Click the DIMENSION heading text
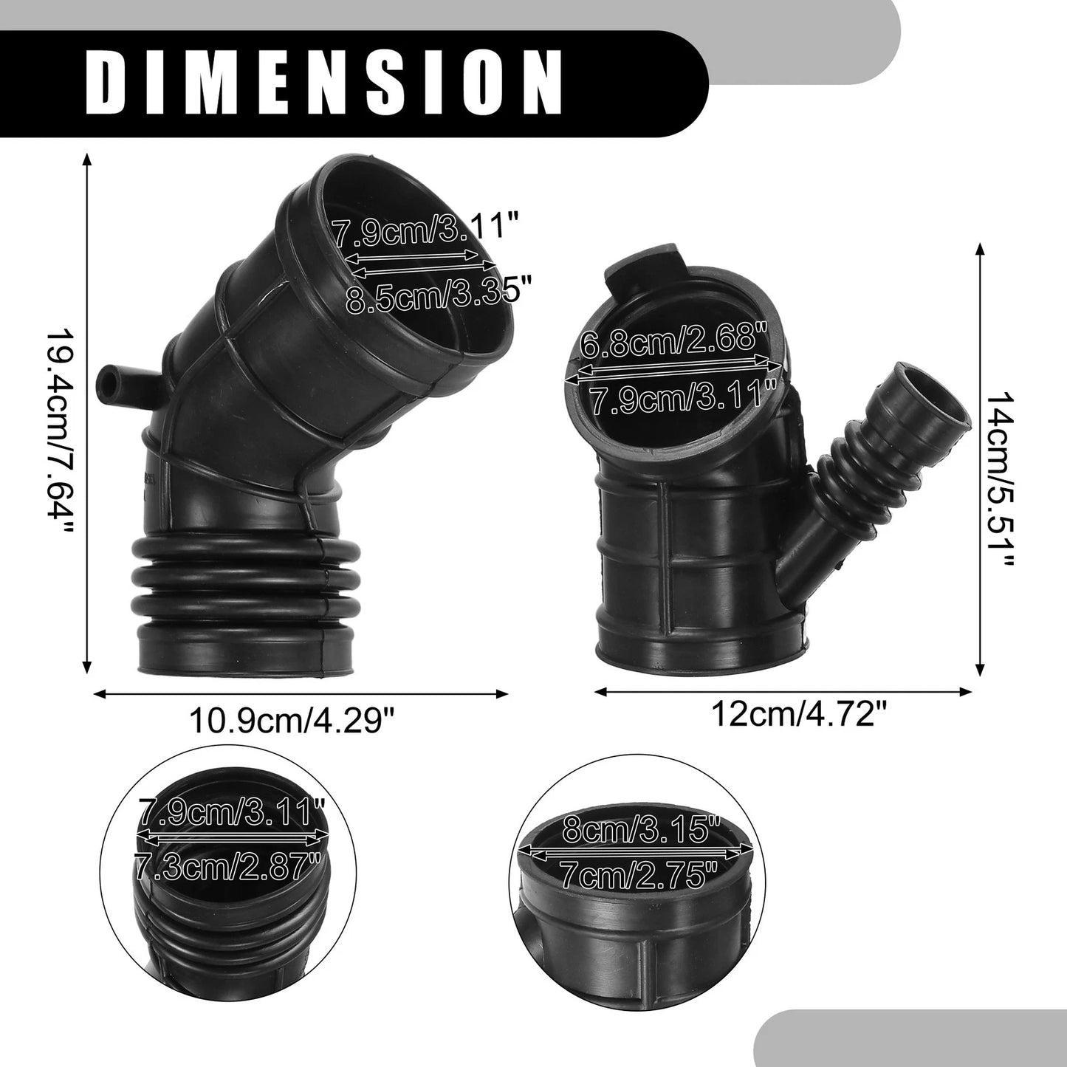(x=323, y=83)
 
